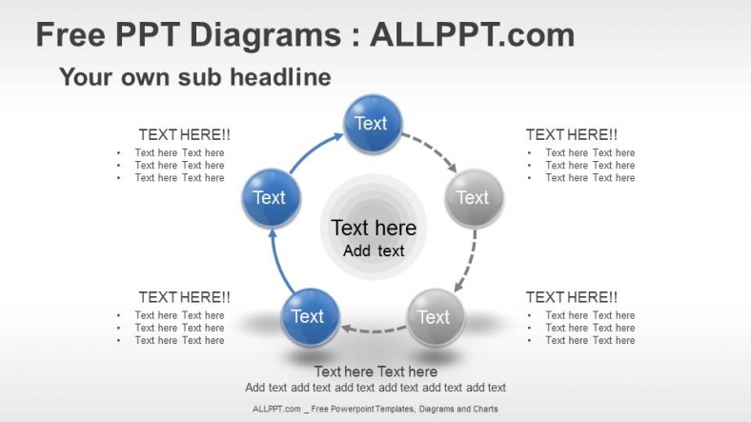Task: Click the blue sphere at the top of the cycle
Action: pos(373,124)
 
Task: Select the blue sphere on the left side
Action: pos(271,197)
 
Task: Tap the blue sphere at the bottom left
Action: pos(310,317)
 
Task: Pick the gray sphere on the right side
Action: pos(475,197)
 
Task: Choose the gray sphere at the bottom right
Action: pos(436,317)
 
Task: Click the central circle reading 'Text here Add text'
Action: pos(374,227)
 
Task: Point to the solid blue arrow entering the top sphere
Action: pos(313,150)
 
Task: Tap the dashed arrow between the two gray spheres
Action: pos(469,262)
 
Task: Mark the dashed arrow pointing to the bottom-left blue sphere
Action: pos(374,330)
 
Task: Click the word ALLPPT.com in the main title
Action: pos(472,35)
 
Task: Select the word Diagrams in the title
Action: pos(265,36)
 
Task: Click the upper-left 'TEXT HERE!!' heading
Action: pos(184,134)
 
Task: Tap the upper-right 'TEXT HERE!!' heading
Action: pos(572,134)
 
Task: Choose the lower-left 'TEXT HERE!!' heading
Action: pos(184,297)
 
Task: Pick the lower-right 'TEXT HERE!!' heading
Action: pos(572,297)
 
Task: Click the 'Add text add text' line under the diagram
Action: pos(375,388)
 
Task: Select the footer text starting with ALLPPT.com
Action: pos(375,409)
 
